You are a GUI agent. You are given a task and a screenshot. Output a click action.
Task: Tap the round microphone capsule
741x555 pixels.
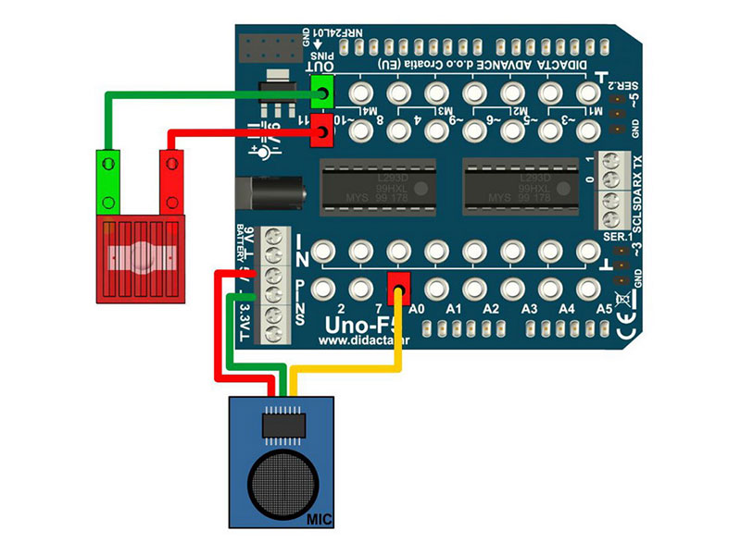pos(281,477)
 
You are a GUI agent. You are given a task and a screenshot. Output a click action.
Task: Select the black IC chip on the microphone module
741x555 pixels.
pos(281,424)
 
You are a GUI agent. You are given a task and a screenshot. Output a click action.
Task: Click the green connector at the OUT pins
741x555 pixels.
pos(322,92)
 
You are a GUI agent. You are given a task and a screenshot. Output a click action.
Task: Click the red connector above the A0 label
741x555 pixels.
pos(399,286)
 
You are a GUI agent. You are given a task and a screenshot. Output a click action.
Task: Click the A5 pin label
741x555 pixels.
pos(604,309)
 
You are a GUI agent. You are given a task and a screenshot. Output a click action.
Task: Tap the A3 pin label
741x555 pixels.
pos(530,309)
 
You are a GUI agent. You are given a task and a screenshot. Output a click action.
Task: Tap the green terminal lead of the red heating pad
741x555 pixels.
pos(109,181)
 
